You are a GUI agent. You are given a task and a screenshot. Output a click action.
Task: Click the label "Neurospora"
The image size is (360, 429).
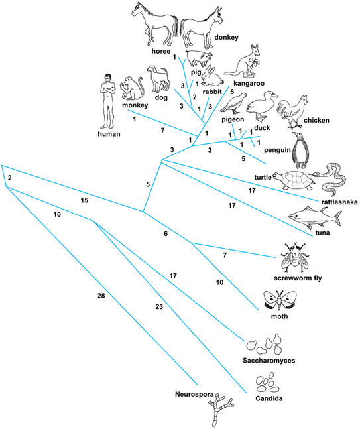pyautogui.click(x=194, y=395)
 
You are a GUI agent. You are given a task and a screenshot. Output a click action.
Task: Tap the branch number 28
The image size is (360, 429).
pyautogui.click(x=101, y=296)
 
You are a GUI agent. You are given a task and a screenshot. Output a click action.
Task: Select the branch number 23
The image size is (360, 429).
pyautogui.click(x=159, y=307)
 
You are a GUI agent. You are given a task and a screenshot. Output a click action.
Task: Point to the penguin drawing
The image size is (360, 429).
pyautogui.click(x=300, y=151)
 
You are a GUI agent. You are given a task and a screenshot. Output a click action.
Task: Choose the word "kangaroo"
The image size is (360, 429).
pyautogui.click(x=249, y=83)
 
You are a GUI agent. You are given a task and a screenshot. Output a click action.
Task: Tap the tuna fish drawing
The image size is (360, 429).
pyautogui.click(x=315, y=218)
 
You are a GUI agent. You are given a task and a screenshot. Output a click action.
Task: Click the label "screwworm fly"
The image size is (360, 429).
pyautogui.click(x=298, y=278)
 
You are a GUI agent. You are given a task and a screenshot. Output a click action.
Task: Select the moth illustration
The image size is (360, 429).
pyautogui.click(x=280, y=300)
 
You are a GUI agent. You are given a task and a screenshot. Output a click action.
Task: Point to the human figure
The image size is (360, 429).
pyautogui.click(x=107, y=101)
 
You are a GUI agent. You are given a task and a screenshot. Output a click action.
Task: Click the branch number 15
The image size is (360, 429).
pyautogui.click(x=84, y=200)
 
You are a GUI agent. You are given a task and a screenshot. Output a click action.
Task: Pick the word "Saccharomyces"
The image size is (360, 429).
pyautogui.click(x=269, y=360)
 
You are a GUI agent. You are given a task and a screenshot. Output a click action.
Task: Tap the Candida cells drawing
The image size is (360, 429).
pyautogui.click(x=267, y=382)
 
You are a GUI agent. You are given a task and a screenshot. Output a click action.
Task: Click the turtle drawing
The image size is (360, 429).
pyautogui.click(x=294, y=180)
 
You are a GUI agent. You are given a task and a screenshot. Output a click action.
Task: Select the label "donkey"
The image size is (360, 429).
pyautogui.click(x=226, y=37)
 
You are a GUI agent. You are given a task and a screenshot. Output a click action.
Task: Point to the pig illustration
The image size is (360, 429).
pyautogui.click(x=199, y=58)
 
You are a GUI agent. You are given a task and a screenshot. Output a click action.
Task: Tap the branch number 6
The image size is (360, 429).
pyautogui.click(x=166, y=233)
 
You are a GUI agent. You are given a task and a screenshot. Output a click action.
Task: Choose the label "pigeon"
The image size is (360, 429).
pyautogui.click(x=233, y=119)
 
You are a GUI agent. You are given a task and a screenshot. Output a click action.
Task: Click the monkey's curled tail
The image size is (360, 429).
pyautogui.click(x=141, y=88)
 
